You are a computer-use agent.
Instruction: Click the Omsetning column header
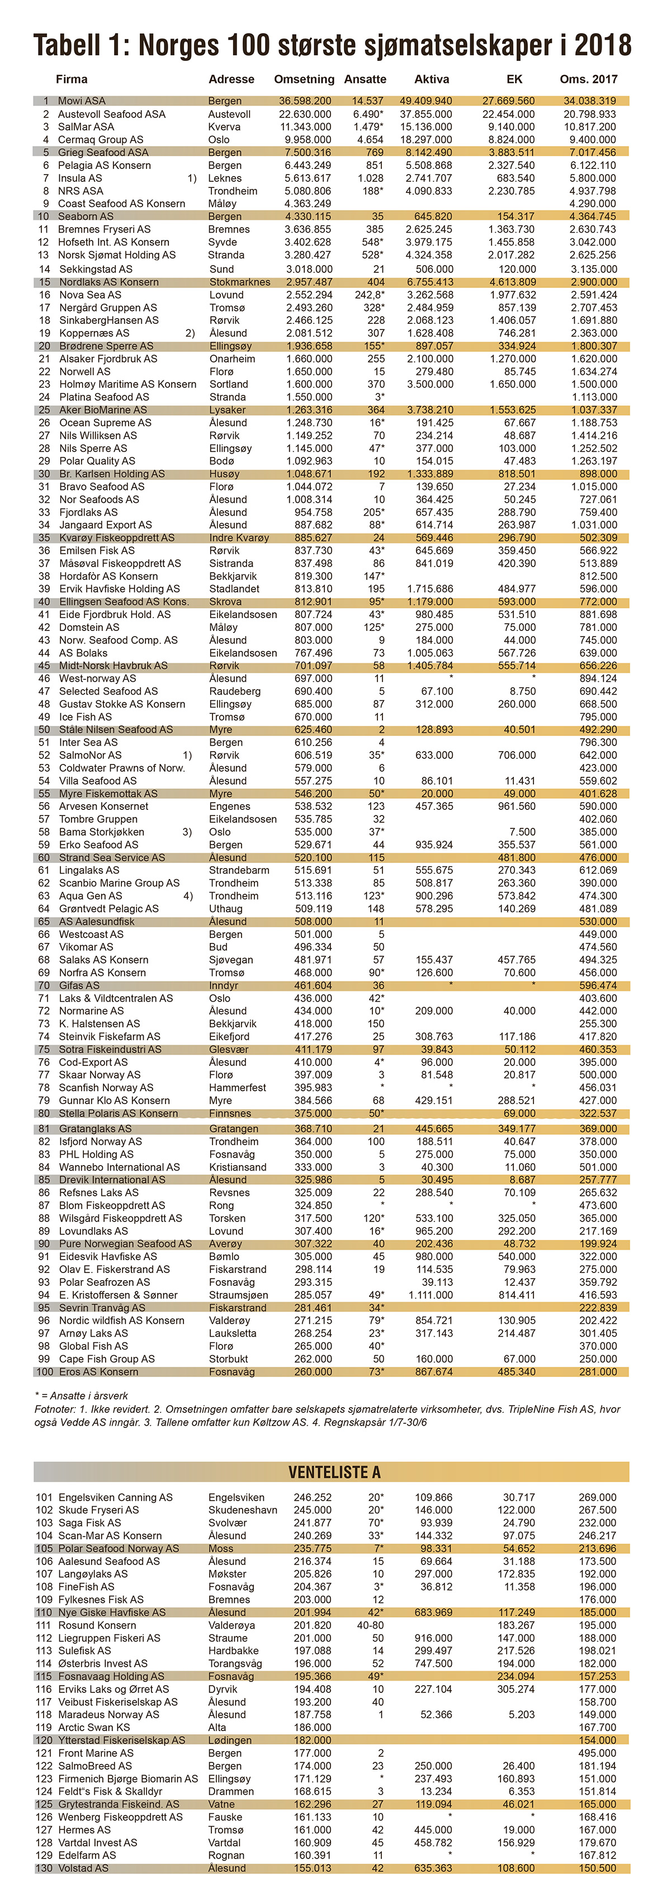coord(304,79)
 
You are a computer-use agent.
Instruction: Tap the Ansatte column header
coord(365,79)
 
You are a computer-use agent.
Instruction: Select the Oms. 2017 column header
coord(589,79)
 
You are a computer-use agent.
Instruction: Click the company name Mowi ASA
coord(82,101)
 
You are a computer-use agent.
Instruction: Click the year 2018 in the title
coord(603,46)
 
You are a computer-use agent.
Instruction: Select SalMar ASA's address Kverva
coord(224,126)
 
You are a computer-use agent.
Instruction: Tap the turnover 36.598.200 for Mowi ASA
coord(305,101)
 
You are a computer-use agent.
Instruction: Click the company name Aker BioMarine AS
coord(103,410)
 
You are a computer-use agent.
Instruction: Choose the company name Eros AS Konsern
coord(98,1372)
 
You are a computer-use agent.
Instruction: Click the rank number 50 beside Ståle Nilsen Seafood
coord(44,729)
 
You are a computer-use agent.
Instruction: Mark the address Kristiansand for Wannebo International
coord(238,1167)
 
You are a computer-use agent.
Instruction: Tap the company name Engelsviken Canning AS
coord(116,1497)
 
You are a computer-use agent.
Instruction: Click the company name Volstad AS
coord(83,1868)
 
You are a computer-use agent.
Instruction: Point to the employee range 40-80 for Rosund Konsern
coord(370,1625)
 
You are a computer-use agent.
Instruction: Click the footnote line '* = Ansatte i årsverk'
coord(82,1395)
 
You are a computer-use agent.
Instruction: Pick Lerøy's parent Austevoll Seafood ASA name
coord(112,114)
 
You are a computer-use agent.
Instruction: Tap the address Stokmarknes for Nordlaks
coord(240,282)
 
